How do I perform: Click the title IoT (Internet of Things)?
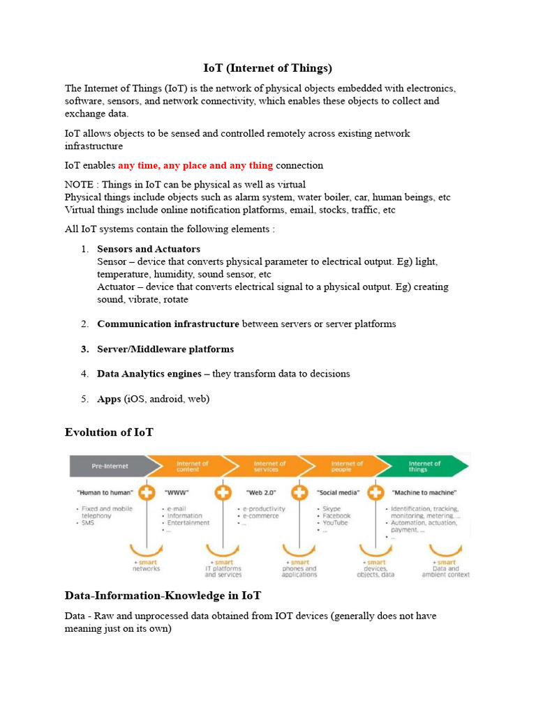268,68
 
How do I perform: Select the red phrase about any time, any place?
195,165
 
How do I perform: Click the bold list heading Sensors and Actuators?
149,249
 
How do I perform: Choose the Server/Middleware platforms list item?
165,349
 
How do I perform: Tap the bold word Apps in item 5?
109,399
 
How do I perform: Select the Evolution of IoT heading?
109,432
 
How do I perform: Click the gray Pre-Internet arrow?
109,465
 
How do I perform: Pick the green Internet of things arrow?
422,465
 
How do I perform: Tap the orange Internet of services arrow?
269,465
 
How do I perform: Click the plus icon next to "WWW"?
147,492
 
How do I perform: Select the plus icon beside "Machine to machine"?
375,492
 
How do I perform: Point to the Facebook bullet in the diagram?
336,516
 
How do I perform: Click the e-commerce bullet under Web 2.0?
262,516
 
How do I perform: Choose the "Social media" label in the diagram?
338,493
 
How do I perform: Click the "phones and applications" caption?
300,572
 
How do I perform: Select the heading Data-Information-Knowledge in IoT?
163,595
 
